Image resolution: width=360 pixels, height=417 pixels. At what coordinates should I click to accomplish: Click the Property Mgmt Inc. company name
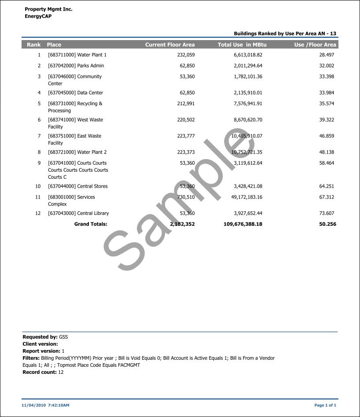click(x=48, y=9)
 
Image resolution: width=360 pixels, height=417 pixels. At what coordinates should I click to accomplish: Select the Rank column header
click(x=33, y=44)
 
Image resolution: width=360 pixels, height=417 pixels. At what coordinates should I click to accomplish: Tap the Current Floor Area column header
click(x=170, y=44)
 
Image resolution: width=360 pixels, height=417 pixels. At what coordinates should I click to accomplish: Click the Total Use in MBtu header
click(x=242, y=44)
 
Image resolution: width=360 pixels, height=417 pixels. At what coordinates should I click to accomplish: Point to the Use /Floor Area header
click(x=315, y=44)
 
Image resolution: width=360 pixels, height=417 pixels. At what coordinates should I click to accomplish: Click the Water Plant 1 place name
click(x=77, y=55)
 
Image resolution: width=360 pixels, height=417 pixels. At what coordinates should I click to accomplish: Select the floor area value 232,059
click(x=186, y=55)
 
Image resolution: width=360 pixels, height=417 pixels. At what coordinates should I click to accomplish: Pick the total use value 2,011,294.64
click(x=248, y=66)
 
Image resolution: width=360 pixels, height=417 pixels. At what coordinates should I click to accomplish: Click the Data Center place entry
click(x=75, y=93)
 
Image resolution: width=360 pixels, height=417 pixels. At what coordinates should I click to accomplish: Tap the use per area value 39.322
click(x=327, y=120)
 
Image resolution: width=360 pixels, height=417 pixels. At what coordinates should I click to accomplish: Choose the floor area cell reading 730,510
click(x=186, y=197)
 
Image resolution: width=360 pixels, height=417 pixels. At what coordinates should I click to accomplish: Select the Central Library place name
click(x=78, y=214)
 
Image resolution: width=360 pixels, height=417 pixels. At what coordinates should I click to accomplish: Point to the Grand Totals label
click(x=91, y=224)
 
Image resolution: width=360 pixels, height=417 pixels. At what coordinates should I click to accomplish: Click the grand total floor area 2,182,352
click(x=182, y=224)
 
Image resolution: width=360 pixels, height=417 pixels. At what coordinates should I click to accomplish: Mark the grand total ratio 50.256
click(x=327, y=224)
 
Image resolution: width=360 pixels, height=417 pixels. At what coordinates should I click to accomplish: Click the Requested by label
click(x=40, y=337)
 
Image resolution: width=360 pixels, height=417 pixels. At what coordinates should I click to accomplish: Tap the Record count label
click(x=40, y=372)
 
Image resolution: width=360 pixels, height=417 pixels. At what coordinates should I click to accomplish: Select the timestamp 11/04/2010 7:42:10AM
click(x=46, y=405)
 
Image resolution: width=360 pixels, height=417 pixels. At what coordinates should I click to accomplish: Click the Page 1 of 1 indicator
click(x=325, y=405)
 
